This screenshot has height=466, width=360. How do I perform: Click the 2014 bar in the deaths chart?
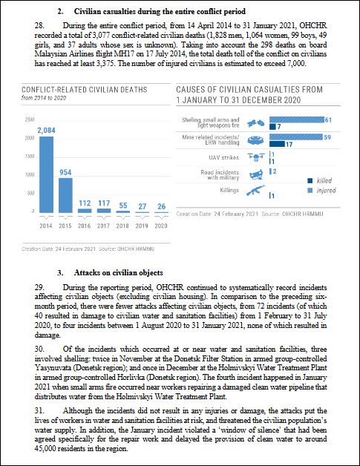pos(46,174)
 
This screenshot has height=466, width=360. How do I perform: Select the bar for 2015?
pos(65,195)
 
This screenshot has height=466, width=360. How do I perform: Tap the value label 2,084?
pos(46,130)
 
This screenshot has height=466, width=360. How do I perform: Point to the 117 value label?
pos(104,203)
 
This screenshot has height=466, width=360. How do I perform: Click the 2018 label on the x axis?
pos(122,226)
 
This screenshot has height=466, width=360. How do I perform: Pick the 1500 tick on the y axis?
pos(30,157)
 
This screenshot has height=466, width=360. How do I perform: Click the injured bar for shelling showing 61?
pos(297,119)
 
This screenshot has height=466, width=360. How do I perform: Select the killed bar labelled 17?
pos(277,144)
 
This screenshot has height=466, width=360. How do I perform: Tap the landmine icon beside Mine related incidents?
pos(255,140)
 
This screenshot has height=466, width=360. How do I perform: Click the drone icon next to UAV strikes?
pos(256,157)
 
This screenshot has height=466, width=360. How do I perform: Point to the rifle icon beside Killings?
pos(255,190)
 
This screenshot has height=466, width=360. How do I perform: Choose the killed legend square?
pos(310,180)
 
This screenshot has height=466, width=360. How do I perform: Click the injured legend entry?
pos(322,190)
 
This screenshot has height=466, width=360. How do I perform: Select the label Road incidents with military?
pos(220,175)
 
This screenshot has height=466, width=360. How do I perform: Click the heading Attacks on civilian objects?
pos(118,272)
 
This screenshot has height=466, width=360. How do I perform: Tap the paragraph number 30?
pos(39,349)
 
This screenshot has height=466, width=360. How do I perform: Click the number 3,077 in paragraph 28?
pos(102,35)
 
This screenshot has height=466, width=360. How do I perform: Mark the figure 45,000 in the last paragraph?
pos(45,448)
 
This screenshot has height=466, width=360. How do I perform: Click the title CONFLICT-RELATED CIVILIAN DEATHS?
pos(85,90)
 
